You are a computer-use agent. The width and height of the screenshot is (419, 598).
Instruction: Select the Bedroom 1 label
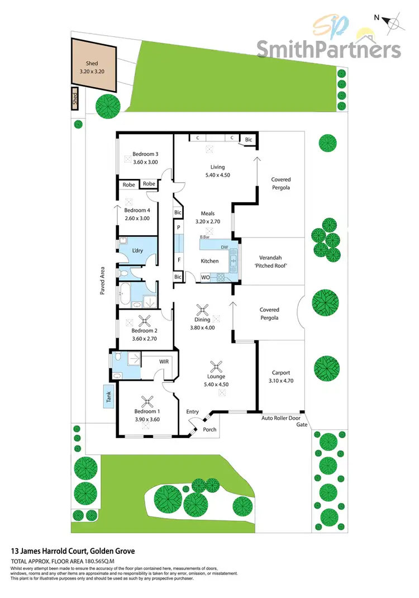(x=147, y=411)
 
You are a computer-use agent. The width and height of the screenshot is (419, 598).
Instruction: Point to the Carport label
(x=280, y=372)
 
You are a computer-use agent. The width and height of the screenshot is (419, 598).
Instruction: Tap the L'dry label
(x=138, y=251)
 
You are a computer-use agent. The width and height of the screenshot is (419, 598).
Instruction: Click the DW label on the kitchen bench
(x=224, y=247)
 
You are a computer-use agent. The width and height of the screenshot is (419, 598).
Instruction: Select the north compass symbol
(x=393, y=23)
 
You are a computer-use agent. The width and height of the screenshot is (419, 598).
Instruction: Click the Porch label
(x=209, y=429)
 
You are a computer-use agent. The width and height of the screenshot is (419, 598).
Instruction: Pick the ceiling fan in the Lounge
(x=216, y=367)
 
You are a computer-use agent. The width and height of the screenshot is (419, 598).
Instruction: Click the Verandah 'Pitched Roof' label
(x=270, y=262)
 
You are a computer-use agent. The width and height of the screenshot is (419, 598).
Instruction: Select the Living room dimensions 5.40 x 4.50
(x=217, y=175)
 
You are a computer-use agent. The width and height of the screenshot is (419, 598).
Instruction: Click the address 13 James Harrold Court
(x=73, y=550)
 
